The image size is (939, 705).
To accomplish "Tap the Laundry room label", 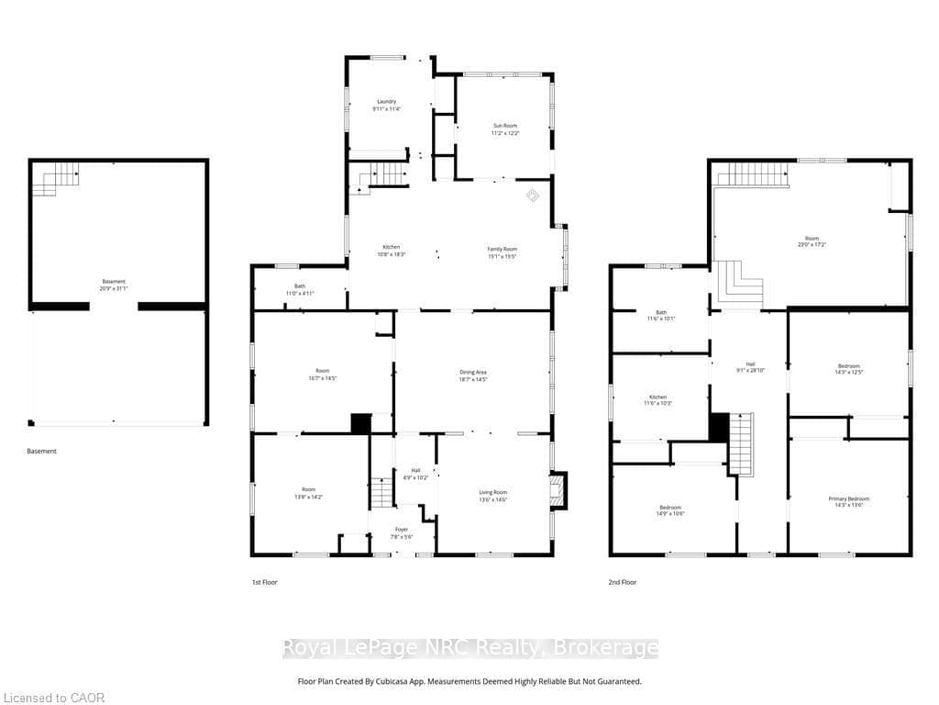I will [386, 101].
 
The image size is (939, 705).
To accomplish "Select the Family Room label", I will [502, 249].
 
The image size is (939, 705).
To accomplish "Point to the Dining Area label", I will [473, 372].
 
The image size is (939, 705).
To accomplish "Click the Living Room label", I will [492, 492].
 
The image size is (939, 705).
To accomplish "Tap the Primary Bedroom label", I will [848, 498].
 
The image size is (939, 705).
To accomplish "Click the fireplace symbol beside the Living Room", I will [557, 488].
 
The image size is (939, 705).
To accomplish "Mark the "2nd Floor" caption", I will [623, 582].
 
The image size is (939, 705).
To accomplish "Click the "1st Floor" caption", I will [264, 582].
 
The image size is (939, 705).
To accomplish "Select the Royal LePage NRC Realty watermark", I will [469, 648].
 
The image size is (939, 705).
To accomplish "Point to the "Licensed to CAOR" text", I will [53, 698].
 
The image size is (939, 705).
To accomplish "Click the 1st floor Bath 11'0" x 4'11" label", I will [300, 289].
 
